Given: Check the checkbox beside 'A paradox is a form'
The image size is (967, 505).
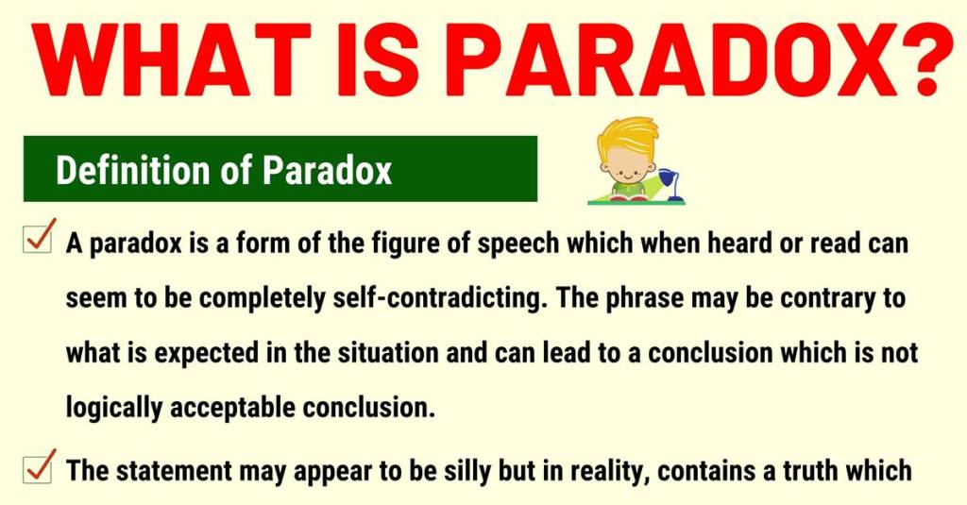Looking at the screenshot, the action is pyautogui.click(x=38, y=237).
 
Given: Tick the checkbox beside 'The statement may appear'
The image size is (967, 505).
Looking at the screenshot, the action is pyautogui.click(x=38, y=467).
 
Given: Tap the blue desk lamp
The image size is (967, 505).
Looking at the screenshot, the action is pyautogui.click(x=670, y=185).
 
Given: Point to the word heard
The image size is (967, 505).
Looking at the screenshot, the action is pyautogui.click(x=739, y=244).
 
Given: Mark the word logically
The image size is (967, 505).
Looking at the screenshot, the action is pyautogui.click(x=113, y=409).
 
